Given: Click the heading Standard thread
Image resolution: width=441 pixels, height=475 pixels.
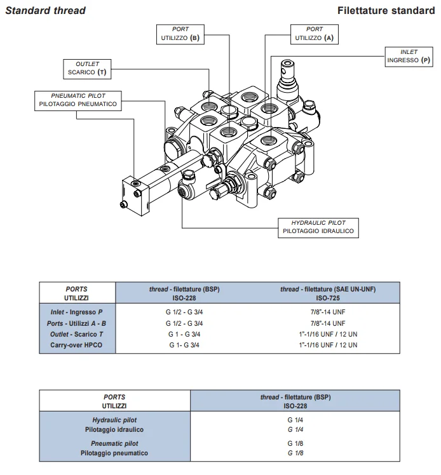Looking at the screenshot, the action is click(46, 11).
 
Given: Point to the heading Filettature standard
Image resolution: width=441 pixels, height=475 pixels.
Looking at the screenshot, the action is click(386, 11).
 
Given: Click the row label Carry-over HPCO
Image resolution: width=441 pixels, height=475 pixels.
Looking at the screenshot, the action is click(76, 345).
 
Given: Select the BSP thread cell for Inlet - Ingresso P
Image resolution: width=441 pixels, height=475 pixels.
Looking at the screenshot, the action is click(184, 312).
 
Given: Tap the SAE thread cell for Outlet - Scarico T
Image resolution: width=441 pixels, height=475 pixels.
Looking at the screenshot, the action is click(328, 334).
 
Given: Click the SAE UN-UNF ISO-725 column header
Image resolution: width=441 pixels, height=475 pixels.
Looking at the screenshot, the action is click(328, 293).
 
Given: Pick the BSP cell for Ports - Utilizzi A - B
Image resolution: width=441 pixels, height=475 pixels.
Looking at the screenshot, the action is click(184, 323).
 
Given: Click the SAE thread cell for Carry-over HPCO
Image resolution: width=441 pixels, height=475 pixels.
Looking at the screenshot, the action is click(328, 345).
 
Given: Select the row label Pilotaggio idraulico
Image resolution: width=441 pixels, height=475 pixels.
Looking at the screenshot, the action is click(114, 429).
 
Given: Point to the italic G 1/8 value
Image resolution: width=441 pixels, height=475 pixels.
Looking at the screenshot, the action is click(295, 453).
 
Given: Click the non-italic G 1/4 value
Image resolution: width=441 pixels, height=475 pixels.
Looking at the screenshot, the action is click(295, 420).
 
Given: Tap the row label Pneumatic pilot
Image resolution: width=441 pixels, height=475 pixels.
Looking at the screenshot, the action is click(114, 443).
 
